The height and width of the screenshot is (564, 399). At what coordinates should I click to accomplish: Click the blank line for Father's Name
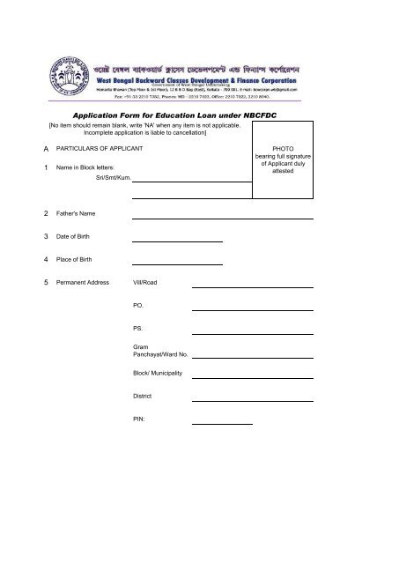click(x=222, y=216)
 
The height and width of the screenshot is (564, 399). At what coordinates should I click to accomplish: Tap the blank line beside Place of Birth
click(x=177, y=262)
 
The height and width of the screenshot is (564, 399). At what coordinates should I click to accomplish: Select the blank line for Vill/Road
click(x=252, y=286)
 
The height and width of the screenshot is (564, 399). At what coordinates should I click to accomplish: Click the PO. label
click(x=137, y=306)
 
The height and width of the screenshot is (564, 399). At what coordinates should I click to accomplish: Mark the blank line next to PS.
click(x=252, y=331)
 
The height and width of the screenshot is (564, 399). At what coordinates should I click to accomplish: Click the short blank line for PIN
click(x=222, y=423)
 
